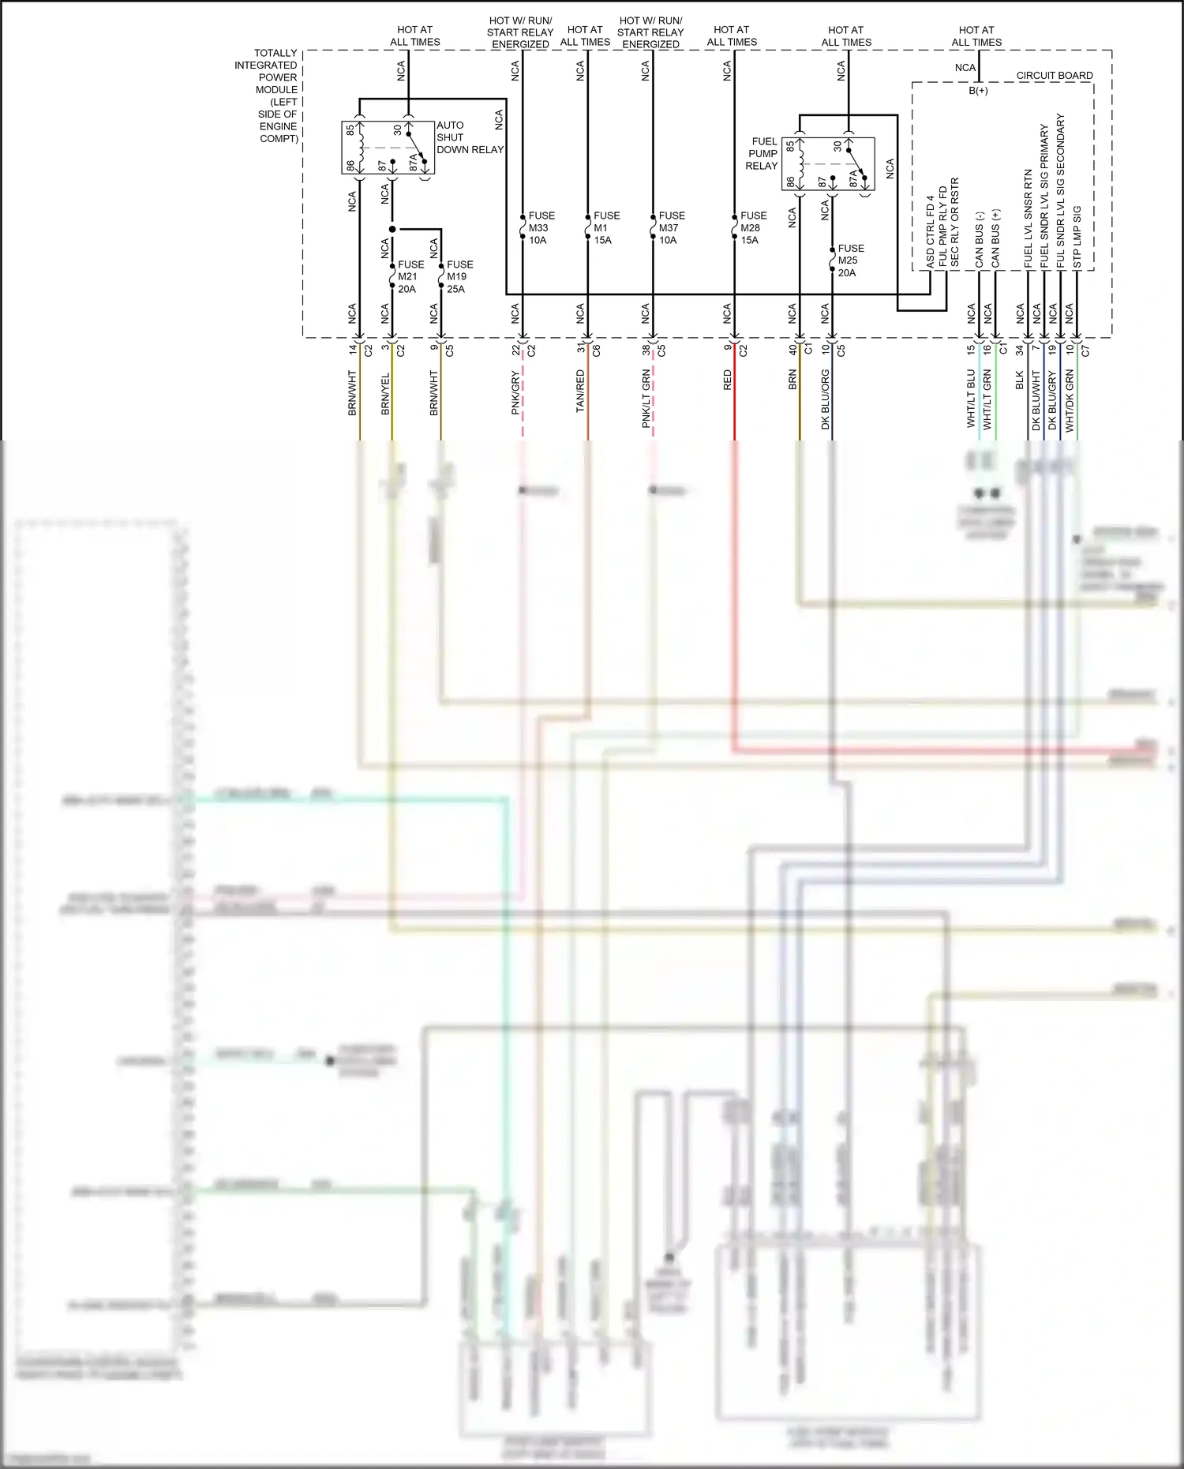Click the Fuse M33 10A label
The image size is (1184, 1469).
pos(541,227)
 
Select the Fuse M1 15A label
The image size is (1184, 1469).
pos(606,227)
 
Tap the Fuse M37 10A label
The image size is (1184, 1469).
pos(671,227)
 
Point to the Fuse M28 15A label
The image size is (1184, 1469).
pos(753,227)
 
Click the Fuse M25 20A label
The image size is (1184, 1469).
pos(850,260)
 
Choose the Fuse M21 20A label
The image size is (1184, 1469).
pos(410,276)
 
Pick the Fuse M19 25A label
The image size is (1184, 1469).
pos(459,276)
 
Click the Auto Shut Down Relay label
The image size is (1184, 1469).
pos(469,137)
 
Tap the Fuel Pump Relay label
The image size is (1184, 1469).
pos(762,153)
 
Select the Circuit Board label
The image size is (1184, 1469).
pos(1054,75)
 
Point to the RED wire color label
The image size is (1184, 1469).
pos(728,380)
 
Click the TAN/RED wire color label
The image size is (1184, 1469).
pos(580,391)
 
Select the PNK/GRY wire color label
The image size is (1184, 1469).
pos(515,392)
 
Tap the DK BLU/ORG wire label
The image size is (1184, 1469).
pos(826,399)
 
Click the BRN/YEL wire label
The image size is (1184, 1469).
pos(385,394)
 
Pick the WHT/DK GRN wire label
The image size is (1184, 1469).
pos(1070,399)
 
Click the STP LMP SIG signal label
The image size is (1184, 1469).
pos(1077,237)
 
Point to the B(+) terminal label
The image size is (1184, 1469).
pos(978,91)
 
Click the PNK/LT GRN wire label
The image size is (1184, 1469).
pos(646,399)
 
